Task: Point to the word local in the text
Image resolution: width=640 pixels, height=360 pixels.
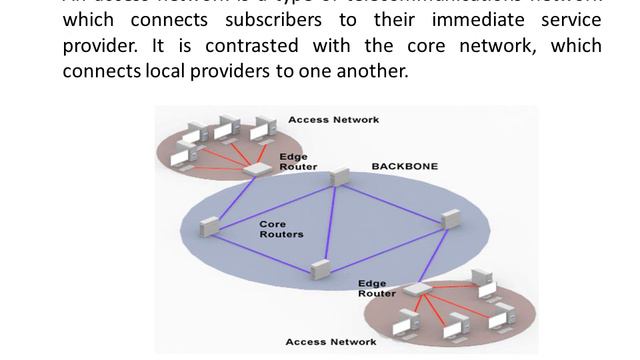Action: pos(175,71)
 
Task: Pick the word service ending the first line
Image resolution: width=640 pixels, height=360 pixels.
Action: pos(567,21)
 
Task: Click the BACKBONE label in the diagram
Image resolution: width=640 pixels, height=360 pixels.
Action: pos(404,166)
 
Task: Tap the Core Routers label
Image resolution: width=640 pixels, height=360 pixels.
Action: pos(281,229)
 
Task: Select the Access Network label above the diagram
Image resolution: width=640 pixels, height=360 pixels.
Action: pos(333,120)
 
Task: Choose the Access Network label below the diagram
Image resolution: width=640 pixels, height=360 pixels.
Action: pos(331,342)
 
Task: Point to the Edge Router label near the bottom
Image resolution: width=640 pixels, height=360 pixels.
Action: pos(376,289)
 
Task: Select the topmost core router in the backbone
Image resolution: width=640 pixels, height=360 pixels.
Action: pos(340,178)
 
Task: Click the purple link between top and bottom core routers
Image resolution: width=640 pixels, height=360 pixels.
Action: pos(330,224)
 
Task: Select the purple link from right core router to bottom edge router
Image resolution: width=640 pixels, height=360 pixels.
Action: pos(434,256)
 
